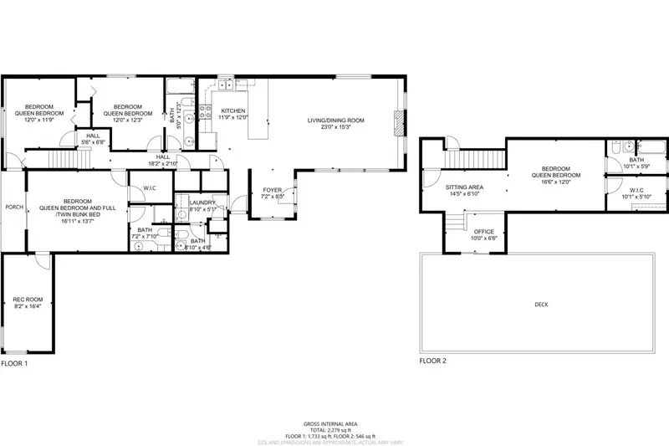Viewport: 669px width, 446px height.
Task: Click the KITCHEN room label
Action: tap(232, 110)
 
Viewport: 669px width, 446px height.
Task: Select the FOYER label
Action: tap(273, 190)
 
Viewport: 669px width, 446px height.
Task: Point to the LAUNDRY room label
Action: tap(203, 202)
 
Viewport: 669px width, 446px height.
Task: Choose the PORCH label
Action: tap(13, 207)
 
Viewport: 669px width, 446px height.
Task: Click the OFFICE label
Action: tap(484, 231)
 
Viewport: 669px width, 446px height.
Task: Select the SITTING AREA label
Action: tap(463, 187)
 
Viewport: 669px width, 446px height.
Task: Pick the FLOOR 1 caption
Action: tap(14, 364)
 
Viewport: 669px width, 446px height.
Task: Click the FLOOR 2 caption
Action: tap(432, 361)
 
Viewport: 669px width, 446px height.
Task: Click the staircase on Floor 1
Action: tap(63, 159)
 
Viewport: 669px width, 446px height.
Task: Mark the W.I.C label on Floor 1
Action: tap(151, 187)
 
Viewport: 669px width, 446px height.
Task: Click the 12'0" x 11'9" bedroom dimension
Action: tap(38, 120)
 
